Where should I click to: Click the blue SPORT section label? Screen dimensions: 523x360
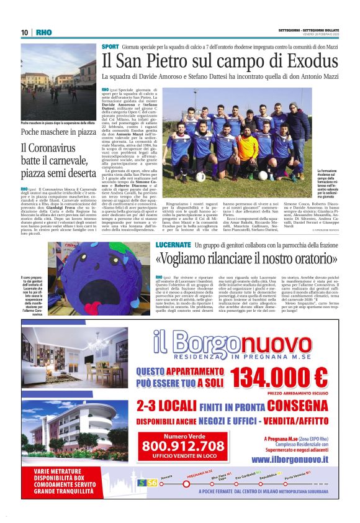(110, 47)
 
